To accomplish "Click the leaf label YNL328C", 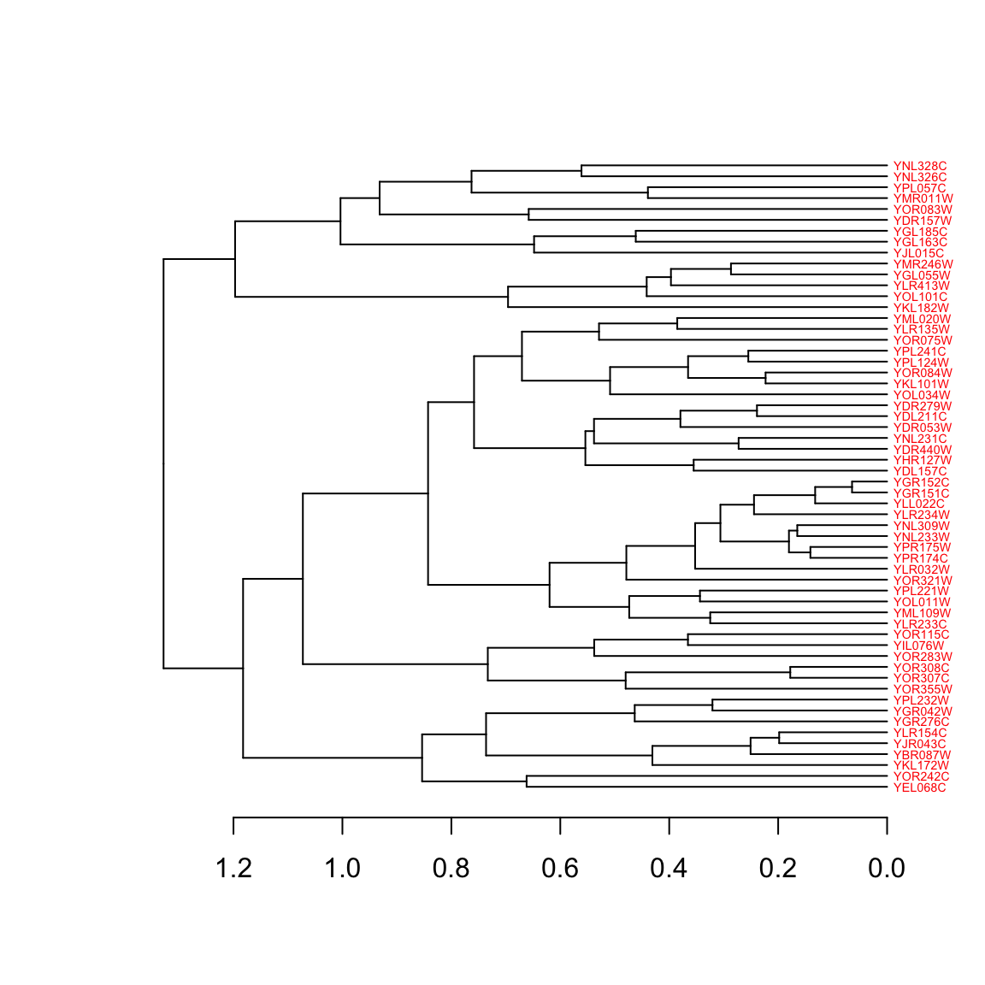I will [x=919, y=166].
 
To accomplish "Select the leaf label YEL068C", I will [x=919, y=787].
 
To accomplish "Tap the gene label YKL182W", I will [x=920, y=308].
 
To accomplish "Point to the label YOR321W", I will [x=922, y=581].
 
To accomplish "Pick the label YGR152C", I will [x=921, y=482].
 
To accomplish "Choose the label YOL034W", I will [x=921, y=395].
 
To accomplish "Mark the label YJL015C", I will [x=918, y=253].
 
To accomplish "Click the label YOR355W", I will [x=922, y=689].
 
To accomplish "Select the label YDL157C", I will [x=919, y=471].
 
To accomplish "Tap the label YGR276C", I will [x=921, y=722].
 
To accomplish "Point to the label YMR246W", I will [x=923, y=264].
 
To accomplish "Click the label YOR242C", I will [x=921, y=776].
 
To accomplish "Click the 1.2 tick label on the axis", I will [x=233, y=869].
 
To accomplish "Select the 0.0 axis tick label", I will [x=887, y=869].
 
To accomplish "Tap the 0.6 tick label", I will [x=560, y=869].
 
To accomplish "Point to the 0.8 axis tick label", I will [x=451, y=869].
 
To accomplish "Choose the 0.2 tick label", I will [x=778, y=869].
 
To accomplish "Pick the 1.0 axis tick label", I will [x=342, y=869].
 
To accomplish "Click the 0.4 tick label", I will [x=669, y=869].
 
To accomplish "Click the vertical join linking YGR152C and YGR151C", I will [x=852, y=487].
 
